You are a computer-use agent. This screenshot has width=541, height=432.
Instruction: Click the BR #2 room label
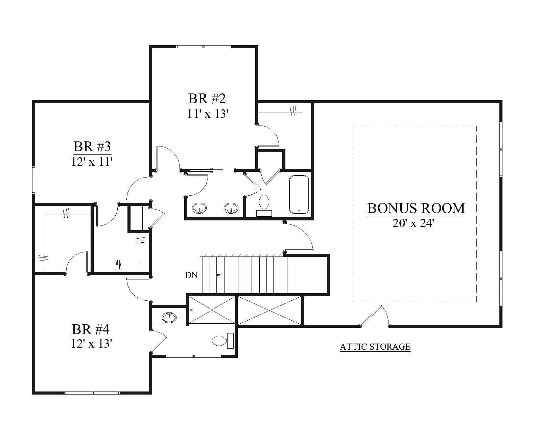(207, 99)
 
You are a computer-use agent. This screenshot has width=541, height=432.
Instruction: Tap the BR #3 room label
(92, 146)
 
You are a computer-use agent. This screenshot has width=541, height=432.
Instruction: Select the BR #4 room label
(91, 329)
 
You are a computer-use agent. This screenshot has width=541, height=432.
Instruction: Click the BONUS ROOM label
(416, 208)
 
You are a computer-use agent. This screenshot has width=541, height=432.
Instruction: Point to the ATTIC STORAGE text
(375, 347)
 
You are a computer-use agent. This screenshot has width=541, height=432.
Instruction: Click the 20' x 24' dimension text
(413, 223)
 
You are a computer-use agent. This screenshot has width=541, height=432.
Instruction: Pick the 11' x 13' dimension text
(207, 114)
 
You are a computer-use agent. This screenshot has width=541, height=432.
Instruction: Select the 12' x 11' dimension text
(92, 162)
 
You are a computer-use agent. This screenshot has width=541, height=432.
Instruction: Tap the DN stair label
(191, 275)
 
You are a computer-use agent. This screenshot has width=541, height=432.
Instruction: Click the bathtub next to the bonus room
(299, 194)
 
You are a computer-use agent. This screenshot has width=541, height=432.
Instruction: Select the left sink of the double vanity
(199, 208)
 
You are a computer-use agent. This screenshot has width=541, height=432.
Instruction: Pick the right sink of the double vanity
(231, 208)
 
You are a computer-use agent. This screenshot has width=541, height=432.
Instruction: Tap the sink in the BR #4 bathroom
(169, 318)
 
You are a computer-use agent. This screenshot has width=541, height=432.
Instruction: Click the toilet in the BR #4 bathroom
(223, 341)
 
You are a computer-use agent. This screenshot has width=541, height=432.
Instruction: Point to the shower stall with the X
(212, 310)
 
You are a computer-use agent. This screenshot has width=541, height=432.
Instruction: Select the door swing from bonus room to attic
(375, 315)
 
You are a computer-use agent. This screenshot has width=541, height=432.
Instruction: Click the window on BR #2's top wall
(204, 47)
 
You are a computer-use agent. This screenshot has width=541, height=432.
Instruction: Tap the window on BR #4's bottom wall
(92, 393)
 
